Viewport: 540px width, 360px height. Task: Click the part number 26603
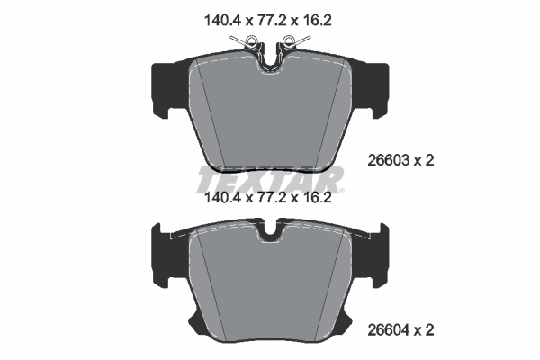click(x=388, y=160)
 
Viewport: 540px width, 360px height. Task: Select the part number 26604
click(x=388, y=330)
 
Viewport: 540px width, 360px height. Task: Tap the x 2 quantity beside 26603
click(x=426, y=160)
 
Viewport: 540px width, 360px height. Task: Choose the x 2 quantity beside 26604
click(x=426, y=330)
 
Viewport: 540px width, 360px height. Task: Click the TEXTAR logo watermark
click(x=269, y=178)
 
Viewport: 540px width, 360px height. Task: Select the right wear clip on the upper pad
click(x=292, y=40)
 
